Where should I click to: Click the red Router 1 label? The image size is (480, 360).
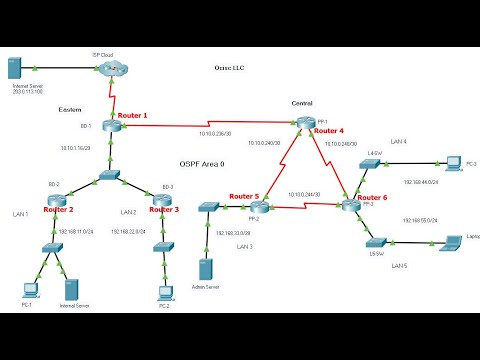(x=132, y=116)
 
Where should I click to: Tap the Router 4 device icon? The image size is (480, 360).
(x=304, y=123)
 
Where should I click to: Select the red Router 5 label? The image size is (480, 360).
(x=244, y=196)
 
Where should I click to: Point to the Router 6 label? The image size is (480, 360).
(x=372, y=198)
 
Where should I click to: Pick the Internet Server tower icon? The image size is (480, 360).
(x=15, y=68)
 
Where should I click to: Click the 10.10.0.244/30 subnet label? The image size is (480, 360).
(x=304, y=194)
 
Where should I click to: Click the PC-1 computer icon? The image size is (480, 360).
(x=30, y=289)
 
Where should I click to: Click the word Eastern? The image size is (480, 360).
(x=71, y=109)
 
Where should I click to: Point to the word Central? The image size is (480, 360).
(x=302, y=104)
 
